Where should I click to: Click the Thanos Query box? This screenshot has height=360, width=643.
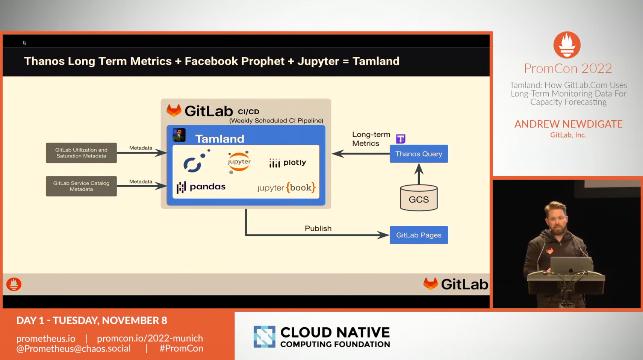click(x=419, y=154)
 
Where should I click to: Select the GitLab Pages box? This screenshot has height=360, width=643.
click(x=419, y=235)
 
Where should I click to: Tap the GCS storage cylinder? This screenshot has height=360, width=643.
click(x=419, y=198)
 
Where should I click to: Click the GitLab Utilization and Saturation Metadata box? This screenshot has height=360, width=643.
click(x=81, y=153)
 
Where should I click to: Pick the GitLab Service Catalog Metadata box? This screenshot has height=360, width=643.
click(x=81, y=186)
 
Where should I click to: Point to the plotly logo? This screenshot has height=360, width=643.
click(x=287, y=163)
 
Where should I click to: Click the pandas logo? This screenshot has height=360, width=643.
click(x=201, y=187)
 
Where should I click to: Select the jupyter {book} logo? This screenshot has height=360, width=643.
click(x=286, y=188)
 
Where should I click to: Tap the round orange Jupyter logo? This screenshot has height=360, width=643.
click(x=239, y=162)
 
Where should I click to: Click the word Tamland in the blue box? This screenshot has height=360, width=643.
click(x=220, y=139)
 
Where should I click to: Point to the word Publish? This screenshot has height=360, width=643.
click(x=318, y=228)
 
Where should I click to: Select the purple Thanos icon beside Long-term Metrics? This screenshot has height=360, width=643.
click(x=401, y=139)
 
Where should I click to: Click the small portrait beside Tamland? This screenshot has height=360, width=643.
click(x=179, y=135)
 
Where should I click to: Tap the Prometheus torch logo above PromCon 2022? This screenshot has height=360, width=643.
click(x=567, y=45)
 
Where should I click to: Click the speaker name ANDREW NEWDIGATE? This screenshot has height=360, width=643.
click(x=568, y=124)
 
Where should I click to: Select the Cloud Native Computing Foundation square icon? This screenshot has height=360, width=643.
click(x=264, y=337)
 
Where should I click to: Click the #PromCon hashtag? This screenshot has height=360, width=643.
click(x=181, y=348)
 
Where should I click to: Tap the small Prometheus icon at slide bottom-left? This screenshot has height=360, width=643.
click(x=14, y=284)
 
